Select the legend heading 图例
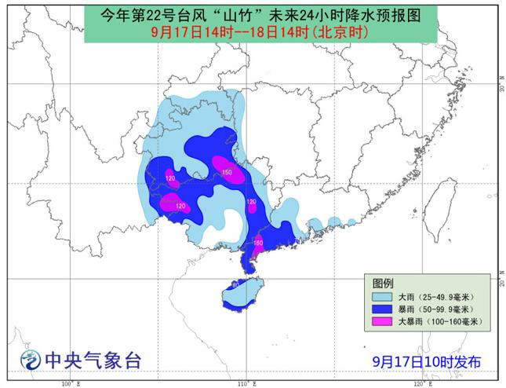click(383, 283)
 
